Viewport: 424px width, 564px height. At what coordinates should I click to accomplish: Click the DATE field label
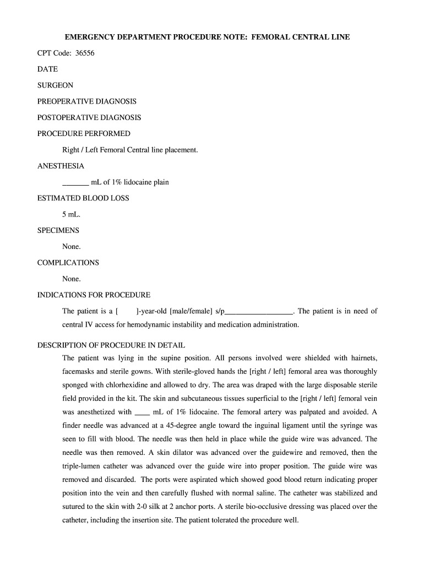click(47, 69)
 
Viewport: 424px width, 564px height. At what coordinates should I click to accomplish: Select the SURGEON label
click(55, 85)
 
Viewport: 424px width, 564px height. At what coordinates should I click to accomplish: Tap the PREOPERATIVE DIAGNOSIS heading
click(87, 101)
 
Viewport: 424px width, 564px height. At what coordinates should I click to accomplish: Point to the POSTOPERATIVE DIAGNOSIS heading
click(89, 117)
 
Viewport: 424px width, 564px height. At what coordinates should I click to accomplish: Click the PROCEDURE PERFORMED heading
click(84, 133)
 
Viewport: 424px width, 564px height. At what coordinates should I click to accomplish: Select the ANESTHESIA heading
click(61, 166)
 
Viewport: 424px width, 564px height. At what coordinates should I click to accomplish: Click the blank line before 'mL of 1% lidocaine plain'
click(75, 182)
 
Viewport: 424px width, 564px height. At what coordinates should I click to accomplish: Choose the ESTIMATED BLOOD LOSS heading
click(83, 198)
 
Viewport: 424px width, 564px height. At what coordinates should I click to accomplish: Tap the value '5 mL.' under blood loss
click(72, 214)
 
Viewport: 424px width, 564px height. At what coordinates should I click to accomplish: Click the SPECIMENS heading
click(58, 230)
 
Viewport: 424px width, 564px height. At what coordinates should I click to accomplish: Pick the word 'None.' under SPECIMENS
click(72, 247)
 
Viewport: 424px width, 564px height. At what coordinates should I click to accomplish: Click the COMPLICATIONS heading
click(68, 263)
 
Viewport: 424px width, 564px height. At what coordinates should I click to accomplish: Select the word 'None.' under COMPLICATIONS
click(72, 279)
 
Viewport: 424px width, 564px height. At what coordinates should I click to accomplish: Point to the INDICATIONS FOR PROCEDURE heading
click(94, 295)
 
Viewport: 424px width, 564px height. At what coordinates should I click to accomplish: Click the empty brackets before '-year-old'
click(126, 311)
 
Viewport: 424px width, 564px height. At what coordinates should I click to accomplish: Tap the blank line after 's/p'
click(259, 312)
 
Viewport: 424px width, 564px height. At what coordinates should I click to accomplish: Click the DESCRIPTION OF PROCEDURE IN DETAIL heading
click(111, 345)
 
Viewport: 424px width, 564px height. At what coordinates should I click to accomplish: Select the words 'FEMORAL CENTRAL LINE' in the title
click(301, 37)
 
